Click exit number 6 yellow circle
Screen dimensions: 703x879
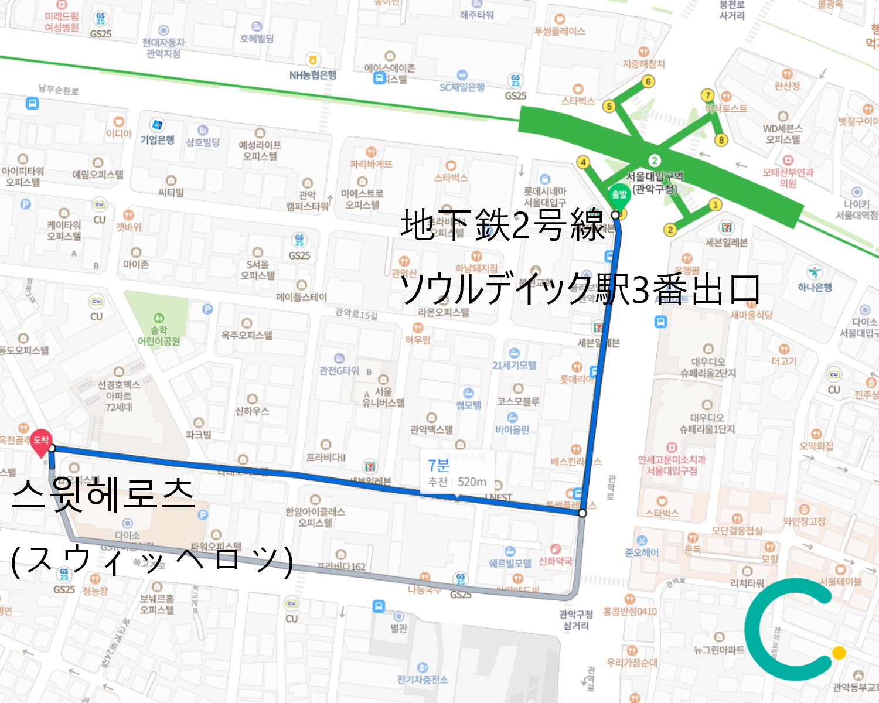pos(648,81)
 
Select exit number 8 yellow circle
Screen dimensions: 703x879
pos(721,140)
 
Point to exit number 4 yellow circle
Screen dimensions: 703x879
pos(582,162)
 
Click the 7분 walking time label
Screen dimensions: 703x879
pos(438,465)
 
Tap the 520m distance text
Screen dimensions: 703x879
pos(472,482)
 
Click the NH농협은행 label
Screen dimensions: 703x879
pos(313,75)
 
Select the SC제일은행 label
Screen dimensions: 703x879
pos(462,87)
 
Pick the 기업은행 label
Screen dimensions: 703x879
pos(157,139)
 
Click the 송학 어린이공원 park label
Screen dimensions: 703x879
pos(159,336)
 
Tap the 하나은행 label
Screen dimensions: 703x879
pos(815,287)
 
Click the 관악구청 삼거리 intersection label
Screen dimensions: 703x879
pos(576,620)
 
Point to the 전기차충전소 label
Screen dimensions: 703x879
pos(422,680)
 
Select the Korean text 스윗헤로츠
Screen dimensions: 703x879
pos(103,494)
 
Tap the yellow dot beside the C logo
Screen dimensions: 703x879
pos(839,653)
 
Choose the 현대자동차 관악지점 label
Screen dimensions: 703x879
pos(163,48)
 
